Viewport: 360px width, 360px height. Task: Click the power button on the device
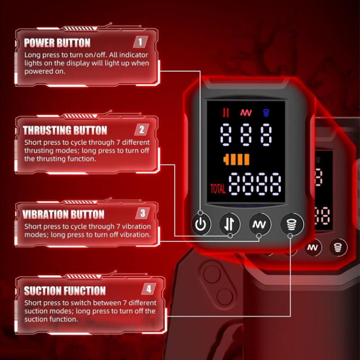[x=201, y=224]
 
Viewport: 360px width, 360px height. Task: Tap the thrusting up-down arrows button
[x=229, y=224]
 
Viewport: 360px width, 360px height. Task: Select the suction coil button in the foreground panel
[x=292, y=224]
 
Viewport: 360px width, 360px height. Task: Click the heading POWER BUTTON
[x=57, y=43]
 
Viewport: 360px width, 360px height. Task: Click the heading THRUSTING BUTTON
[x=65, y=130]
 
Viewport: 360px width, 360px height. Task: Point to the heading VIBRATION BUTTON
[x=63, y=214]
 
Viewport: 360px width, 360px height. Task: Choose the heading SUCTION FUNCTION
[x=65, y=291]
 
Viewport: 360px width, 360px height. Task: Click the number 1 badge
[x=140, y=42]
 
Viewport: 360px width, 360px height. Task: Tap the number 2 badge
[x=141, y=130]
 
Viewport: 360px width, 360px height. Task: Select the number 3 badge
[x=143, y=213]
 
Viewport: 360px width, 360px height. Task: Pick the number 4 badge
[x=148, y=289]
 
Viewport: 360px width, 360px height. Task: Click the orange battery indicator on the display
[x=236, y=160]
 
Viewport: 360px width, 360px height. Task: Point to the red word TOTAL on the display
[x=218, y=189]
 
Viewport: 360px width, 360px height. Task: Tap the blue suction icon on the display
[x=266, y=113]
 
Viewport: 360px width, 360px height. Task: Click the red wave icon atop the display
[x=246, y=112]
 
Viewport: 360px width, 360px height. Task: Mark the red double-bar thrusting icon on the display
[x=226, y=113]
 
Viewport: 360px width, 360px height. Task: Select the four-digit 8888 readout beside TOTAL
[x=255, y=184]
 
